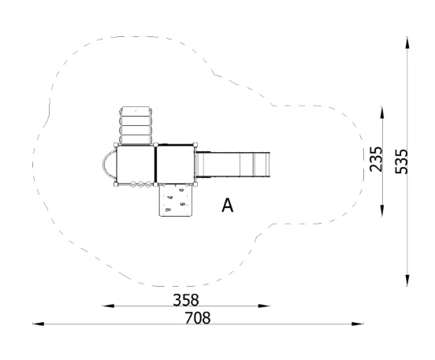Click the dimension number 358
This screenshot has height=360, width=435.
[x=186, y=300]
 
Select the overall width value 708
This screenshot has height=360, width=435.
[x=198, y=317]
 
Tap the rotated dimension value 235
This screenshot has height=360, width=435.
[x=376, y=159]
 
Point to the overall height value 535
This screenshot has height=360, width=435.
[x=401, y=161]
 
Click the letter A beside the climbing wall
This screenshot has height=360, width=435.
[x=228, y=206]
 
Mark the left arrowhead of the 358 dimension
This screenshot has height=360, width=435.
[x=108, y=306]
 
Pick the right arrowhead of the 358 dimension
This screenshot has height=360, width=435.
[x=264, y=306]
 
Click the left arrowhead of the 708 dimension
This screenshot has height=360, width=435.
[x=39, y=324]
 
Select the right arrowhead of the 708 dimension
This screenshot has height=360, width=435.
[x=358, y=324]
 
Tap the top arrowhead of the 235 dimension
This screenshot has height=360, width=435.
[x=382, y=113]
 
